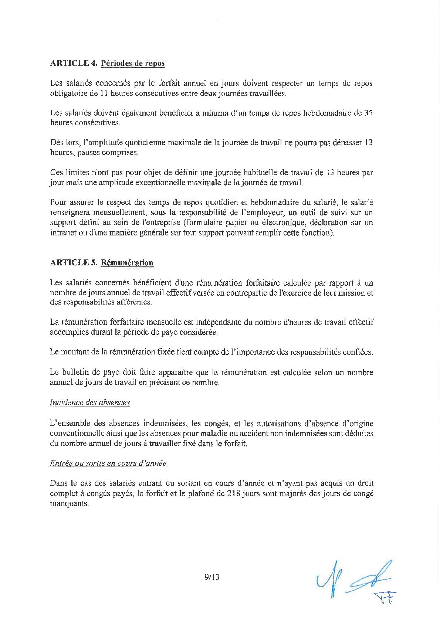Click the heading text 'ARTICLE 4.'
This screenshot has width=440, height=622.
point(73,63)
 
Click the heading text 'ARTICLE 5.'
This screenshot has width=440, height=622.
point(73,263)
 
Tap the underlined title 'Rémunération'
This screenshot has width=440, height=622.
point(127,263)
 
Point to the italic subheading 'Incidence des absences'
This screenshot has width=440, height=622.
point(90,402)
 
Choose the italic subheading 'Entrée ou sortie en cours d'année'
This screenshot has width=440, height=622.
point(108,463)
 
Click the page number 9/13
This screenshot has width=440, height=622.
point(211,577)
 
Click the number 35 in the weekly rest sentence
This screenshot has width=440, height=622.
point(368,113)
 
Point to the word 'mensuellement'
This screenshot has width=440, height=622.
point(111,213)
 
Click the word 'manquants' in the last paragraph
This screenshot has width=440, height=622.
point(69,503)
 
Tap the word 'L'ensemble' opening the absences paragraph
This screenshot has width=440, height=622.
point(69,423)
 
